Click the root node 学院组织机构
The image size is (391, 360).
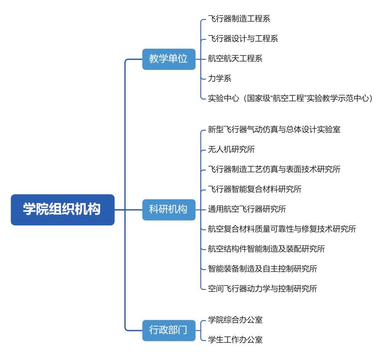tap(62, 209)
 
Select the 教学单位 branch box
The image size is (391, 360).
tap(168, 59)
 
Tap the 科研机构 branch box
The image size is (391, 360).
tap(168, 209)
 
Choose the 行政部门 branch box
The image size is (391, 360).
tap(168, 329)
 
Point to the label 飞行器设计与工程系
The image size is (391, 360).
tap(243, 39)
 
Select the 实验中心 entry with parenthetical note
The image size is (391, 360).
tap(290, 99)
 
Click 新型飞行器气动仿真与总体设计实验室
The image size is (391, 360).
tap(274, 129)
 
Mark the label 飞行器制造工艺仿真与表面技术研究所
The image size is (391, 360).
tap(274, 169)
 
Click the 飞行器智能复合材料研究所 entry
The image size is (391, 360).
tap(255, 189)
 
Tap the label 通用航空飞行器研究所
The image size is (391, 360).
tap(247, 209)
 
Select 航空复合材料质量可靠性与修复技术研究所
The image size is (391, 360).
tap(282, 229)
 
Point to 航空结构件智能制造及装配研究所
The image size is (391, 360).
tap(267, 249)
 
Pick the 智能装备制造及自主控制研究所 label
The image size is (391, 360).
tap(262, 269)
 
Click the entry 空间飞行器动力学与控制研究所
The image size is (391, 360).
tap(262, 289)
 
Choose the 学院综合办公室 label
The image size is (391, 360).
tap(235, 319)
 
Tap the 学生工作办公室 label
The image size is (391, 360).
tap(235, 339)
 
